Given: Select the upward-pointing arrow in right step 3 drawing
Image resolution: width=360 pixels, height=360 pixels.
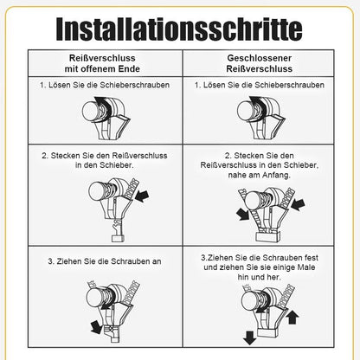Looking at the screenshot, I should click(292, 318).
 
